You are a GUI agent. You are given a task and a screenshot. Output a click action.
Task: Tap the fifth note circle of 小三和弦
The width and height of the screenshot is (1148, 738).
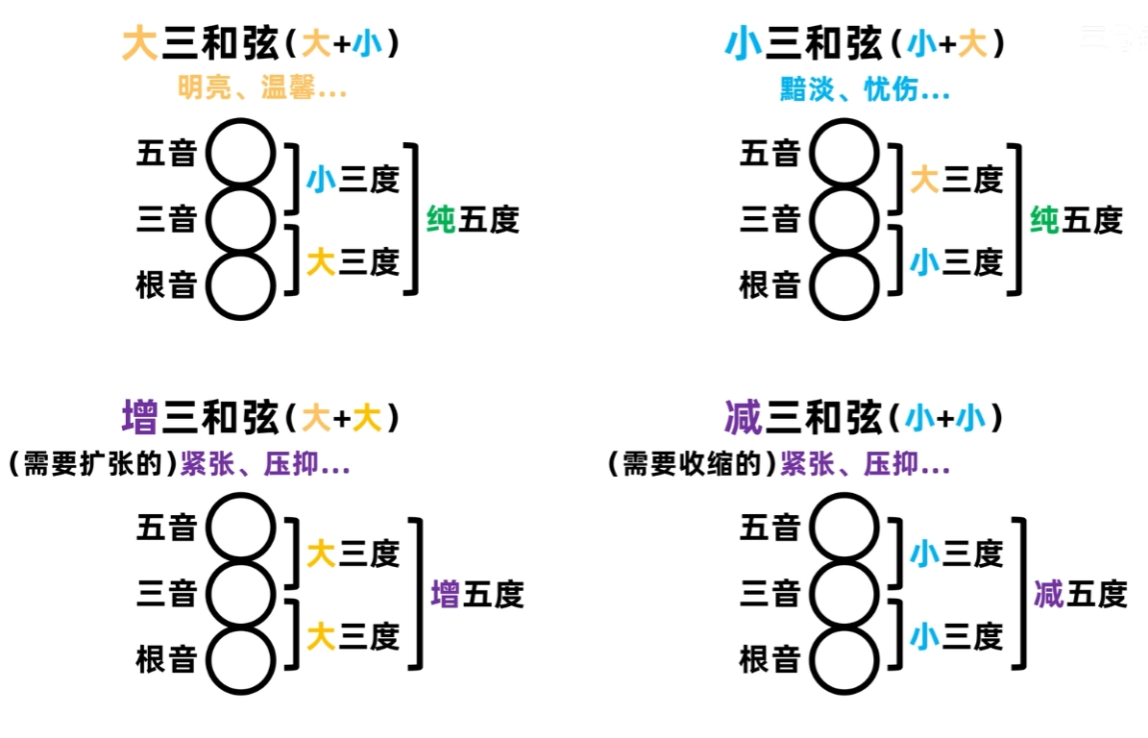[844, 152]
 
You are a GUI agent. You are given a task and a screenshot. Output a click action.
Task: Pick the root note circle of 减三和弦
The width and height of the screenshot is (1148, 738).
[844, 660]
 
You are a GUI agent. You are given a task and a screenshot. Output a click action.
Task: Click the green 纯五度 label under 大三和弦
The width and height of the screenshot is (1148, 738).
[473, 220]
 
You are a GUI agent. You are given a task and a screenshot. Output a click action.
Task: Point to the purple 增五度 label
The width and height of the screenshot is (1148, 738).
[476, 594]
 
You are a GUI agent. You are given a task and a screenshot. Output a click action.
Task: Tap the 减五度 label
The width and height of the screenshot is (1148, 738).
[1080, 594]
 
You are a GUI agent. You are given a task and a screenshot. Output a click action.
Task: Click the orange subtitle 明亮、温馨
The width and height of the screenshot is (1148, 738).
[261, 90]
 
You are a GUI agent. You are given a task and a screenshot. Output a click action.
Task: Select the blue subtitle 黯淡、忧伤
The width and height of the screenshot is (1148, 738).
[865, 90]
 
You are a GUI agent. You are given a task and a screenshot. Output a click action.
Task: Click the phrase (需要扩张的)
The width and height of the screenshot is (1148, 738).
[93, 466]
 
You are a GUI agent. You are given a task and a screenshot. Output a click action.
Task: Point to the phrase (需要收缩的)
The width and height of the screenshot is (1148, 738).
[694, 466]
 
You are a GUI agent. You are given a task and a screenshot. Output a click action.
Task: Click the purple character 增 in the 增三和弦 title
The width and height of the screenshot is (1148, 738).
[141, 419]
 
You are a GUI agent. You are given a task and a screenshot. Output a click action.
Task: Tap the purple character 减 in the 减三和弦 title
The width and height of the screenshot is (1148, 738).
[743, 419]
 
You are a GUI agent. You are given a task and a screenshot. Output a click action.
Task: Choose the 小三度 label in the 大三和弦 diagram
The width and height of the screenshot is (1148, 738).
[353, 179]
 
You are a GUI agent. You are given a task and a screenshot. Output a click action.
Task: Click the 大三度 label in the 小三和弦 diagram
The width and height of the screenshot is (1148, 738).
[956, 179]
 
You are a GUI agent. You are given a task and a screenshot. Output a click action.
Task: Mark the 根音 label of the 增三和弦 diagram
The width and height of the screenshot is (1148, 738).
[166, 659]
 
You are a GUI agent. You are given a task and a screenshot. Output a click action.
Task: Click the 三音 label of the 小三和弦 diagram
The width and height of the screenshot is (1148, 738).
[769, 220]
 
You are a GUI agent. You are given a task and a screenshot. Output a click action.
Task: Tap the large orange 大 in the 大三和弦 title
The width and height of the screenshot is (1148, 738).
[140, 44]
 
